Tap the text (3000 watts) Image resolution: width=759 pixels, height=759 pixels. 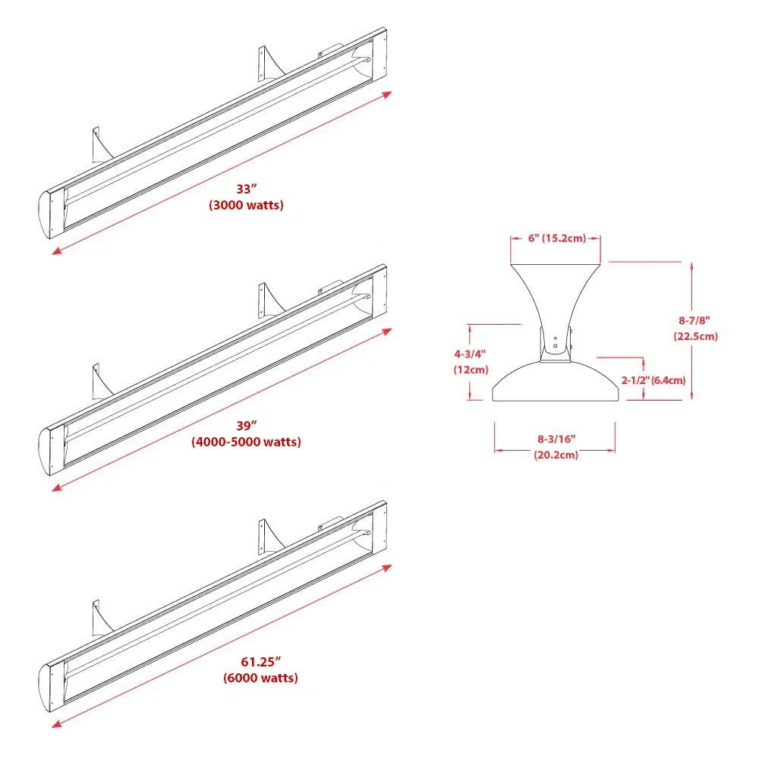pyautogui.click(x=246, y=206)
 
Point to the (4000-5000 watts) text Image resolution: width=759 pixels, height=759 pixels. pyautogui.click(x=246, y=442)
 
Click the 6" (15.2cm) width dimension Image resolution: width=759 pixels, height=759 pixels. pyautogui.click(x=556, y=238)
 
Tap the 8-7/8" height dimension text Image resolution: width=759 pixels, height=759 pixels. pyautogui.click(x=695, y=320)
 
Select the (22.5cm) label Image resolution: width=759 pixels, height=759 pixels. pyautogui.click(x=695, y=335)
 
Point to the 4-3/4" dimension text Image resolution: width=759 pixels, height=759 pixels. pyautogui.click(x=469, y=354)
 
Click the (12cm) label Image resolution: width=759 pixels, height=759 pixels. pyautogui.click(x=469, y=369)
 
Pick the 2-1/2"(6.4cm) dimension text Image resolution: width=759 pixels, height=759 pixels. pyautogui.click(x=653, y=379)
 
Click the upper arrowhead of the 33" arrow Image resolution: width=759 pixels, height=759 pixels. pyautogui.click(x=388, y=93)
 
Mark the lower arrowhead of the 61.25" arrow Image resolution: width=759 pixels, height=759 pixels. pyautogui.click(x=55, y=724)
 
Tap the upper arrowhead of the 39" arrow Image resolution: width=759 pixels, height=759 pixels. pyautogui.click(x=388, y=330)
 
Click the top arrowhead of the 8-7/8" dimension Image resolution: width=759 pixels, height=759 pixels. pyautogui.click(x=691, y=264)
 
